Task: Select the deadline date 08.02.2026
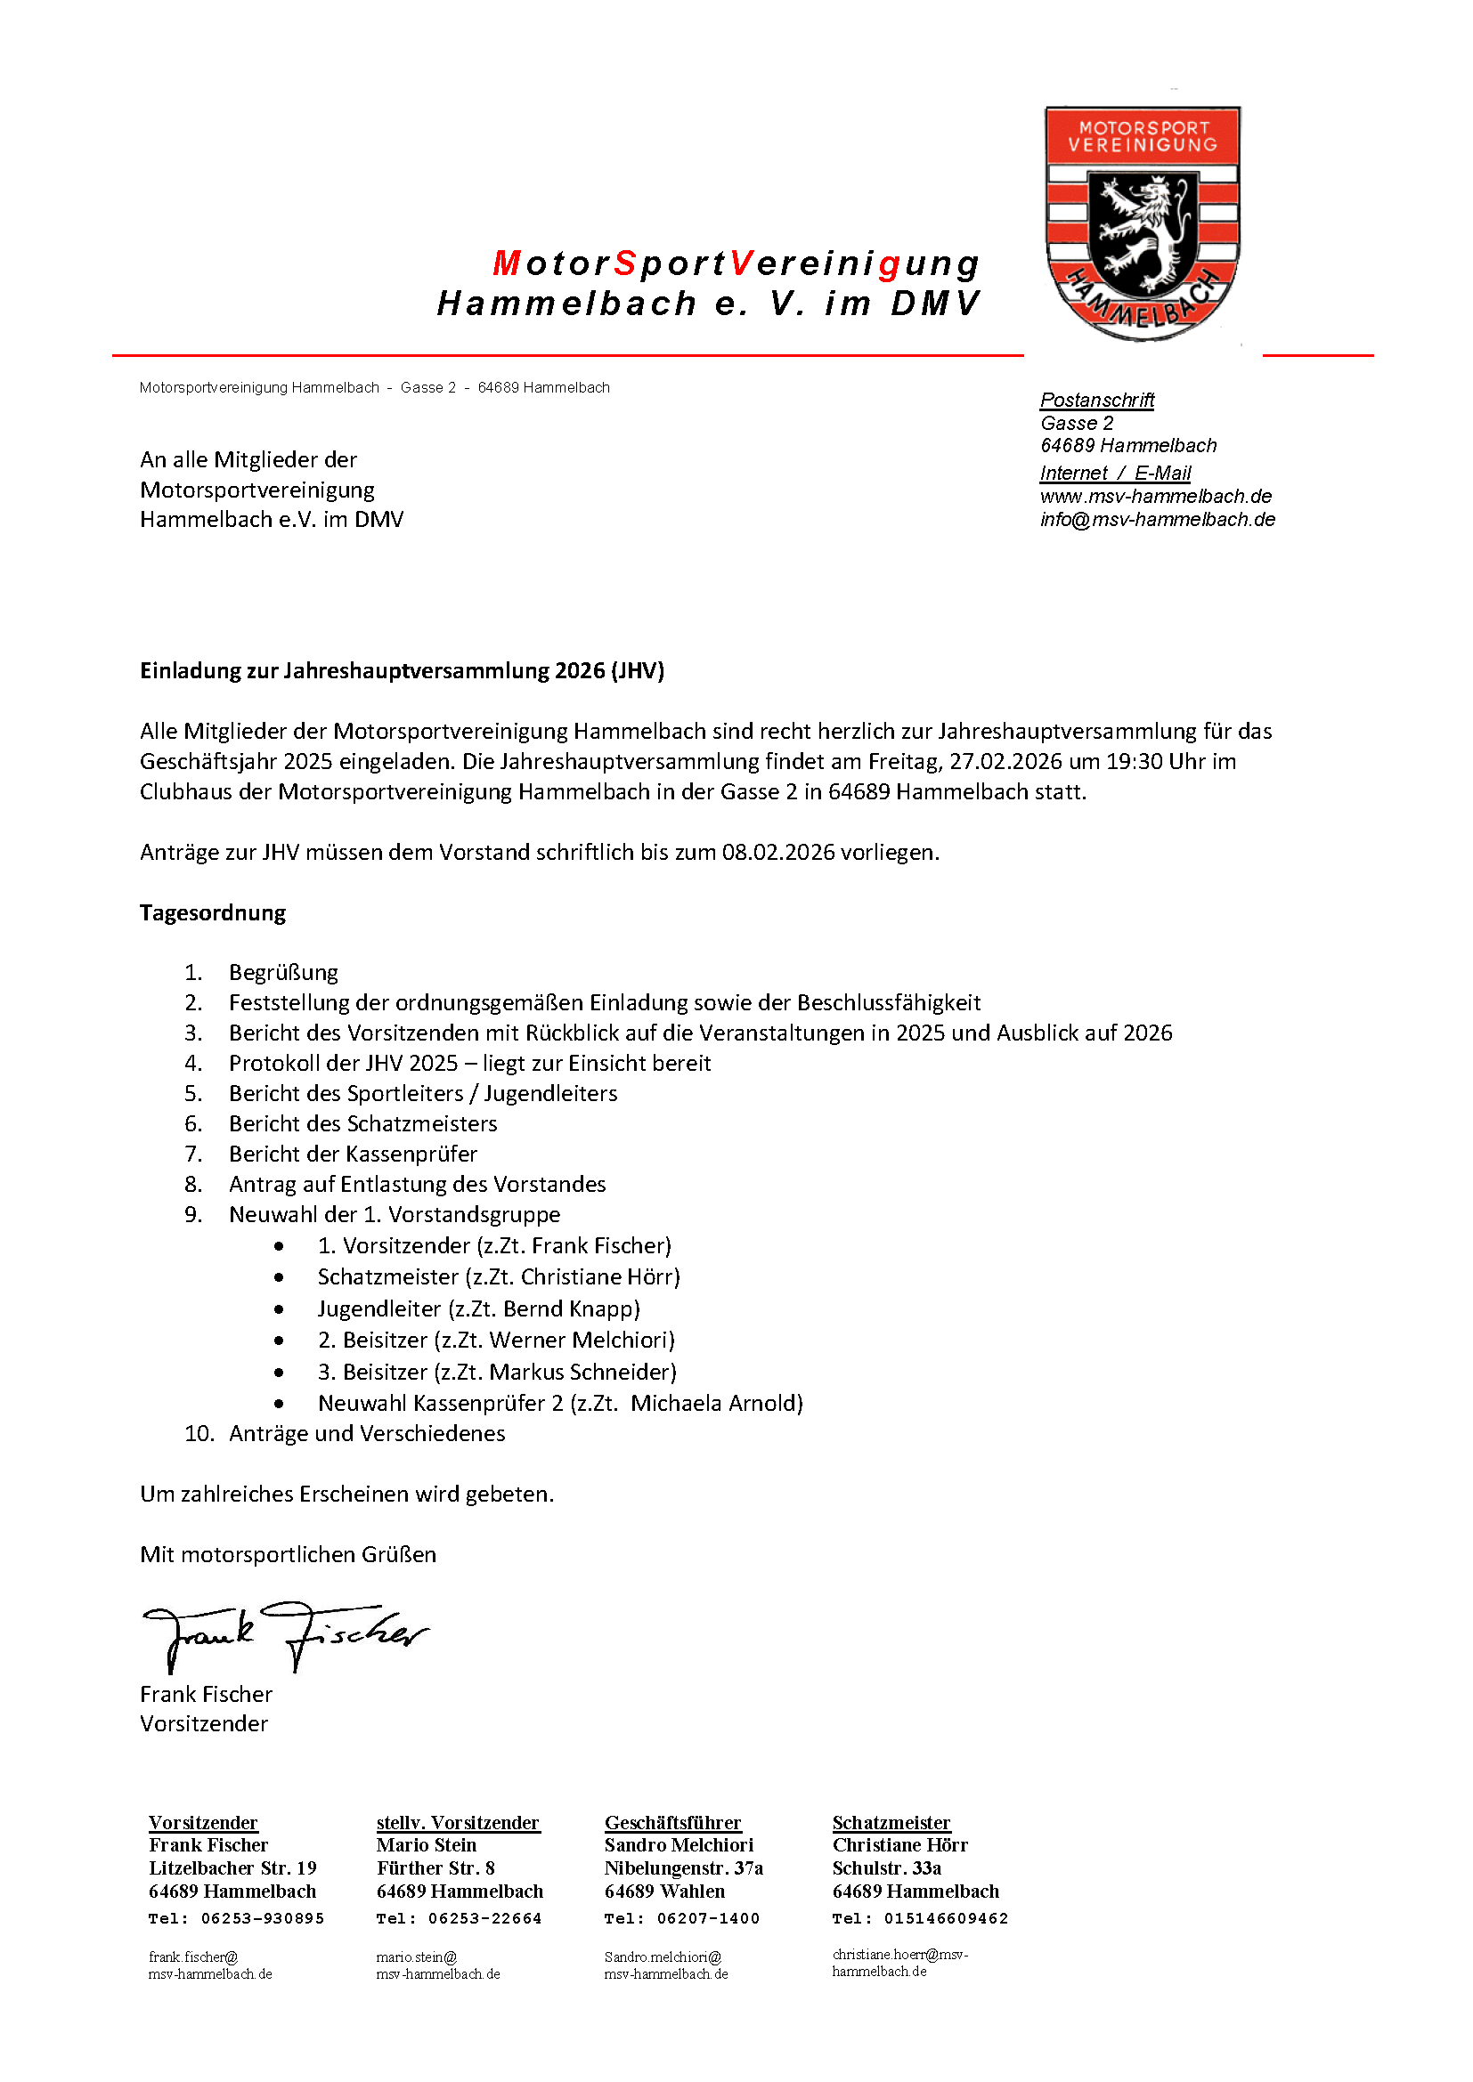click(777, 853)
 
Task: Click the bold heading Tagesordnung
click(212, 913)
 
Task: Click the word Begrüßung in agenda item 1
click(283, 973)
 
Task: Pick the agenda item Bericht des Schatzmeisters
click(362, 1124)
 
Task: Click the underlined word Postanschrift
click(1096, 400)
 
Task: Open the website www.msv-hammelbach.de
click(1156, 497)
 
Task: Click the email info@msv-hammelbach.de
click(1158, 520)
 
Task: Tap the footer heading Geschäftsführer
click(673, 1824)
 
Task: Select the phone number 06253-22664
click(484, 1919)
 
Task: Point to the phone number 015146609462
click(945, 1919)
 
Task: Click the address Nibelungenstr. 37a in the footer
click(684, 1869)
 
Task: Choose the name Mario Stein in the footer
click(427, 1845)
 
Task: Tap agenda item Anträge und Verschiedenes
click(366, 1434)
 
